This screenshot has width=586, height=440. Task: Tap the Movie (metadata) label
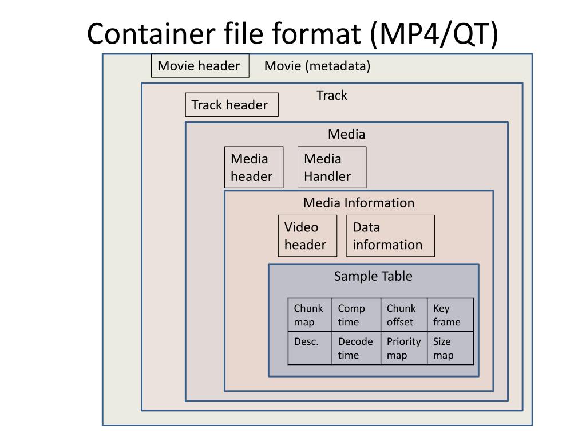317,66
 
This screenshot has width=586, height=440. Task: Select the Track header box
231,105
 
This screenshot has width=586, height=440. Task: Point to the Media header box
254,167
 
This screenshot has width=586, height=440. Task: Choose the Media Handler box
331,167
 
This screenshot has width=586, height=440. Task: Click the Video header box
307,235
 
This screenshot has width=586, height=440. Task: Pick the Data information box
390,235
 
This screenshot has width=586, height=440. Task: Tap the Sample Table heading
373,276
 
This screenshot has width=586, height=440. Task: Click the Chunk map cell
310,315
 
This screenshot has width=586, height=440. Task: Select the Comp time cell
356,315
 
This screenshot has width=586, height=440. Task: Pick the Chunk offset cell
403,315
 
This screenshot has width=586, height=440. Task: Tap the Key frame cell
450,315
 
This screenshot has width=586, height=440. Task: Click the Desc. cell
310,348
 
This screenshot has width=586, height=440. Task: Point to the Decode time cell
356,348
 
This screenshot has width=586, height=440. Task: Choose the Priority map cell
403,348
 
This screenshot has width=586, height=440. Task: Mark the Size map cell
450,348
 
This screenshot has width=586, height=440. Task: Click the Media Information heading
359,203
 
